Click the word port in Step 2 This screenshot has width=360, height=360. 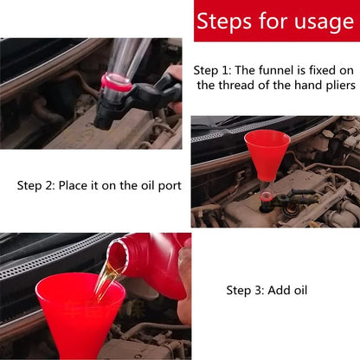click(x=168, y=185)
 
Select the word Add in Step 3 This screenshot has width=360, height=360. click(x=282, y=290)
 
